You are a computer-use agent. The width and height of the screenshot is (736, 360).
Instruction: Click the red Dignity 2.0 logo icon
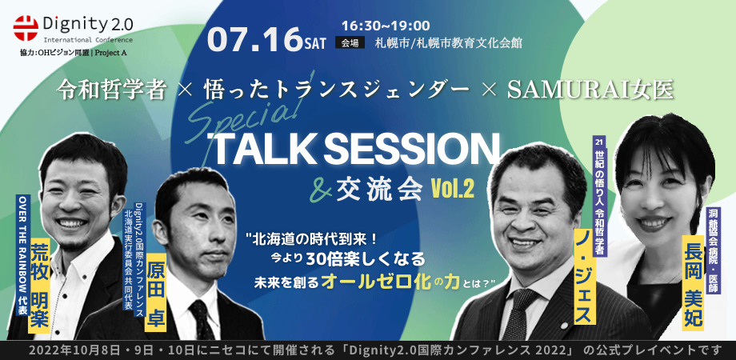(26, 28)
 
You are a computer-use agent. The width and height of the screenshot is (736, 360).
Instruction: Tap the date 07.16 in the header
(254, 39)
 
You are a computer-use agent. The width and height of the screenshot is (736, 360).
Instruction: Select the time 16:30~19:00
(386, 24)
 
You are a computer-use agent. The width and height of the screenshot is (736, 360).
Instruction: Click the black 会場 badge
(350, 42)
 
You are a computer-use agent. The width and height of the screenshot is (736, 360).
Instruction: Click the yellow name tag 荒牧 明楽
(39, 285)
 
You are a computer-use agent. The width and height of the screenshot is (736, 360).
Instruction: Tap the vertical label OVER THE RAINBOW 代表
(22, 254)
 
